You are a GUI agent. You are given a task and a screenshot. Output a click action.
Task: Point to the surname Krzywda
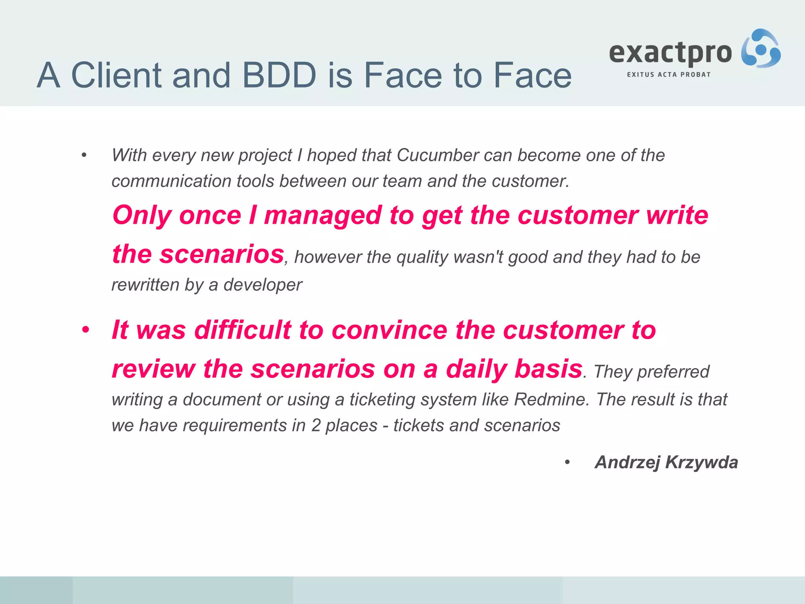(x=702, y=462)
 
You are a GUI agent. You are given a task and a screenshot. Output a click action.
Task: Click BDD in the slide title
(x=279, y=75)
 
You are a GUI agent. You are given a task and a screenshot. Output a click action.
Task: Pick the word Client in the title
(x=116, y=75)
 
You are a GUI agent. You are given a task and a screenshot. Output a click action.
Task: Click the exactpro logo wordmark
(x=671, y=53)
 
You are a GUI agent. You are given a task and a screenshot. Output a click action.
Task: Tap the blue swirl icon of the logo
(x=761, y=49)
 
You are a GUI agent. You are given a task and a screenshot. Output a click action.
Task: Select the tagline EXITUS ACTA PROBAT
(x=669, y=75)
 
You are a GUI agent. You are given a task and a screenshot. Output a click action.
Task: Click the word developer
(x=263, y=285)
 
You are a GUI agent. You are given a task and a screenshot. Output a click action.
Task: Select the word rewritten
(x=145, y=285)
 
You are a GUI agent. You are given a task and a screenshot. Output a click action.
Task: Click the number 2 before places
(x=316, y=425)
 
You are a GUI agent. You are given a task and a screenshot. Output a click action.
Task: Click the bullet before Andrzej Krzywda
(x=567, y=462)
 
